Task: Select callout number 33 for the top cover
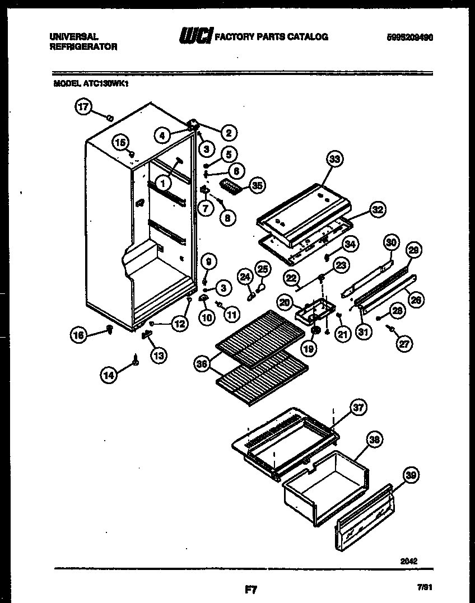point(335,160)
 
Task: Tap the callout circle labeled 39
point(411,476)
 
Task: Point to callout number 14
point(110,376)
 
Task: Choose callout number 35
point(258,185)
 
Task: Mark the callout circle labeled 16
point(80,335)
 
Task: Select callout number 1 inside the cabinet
point(162,183)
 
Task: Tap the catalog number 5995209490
point(410,37)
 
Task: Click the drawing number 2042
point(409,560)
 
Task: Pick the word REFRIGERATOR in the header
point(83,47)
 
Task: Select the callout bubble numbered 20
point(285,302)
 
